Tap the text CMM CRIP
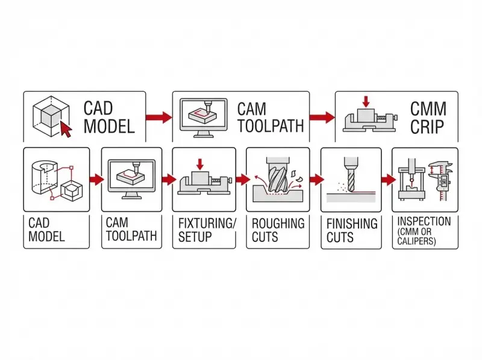tap(428, 118)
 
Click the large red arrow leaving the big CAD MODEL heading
tap(159, 117)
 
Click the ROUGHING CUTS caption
tap(278, 230)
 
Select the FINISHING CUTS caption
tap(352, 230)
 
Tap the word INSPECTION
tap(424, 221)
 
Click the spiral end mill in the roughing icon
tap(277, 175)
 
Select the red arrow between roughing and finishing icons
tap(316, 179)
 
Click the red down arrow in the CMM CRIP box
tap(366, 103)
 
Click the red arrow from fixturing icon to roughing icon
tap(242, 179)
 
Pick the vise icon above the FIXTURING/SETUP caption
tap(203, 180)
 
